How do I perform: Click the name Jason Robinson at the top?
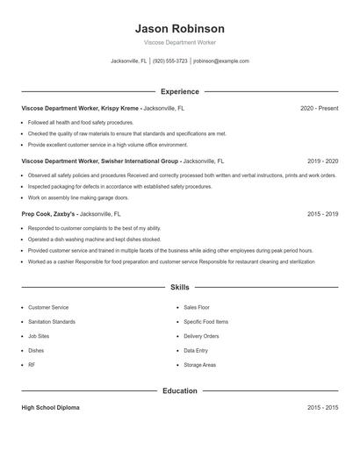pos(179,29)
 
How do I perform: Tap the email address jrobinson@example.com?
pos(220,61)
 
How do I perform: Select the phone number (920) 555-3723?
pos(170,61)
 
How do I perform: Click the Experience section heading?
pos(179,91)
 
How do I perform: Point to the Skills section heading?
pos(179,287)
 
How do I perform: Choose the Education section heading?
pos(179,390)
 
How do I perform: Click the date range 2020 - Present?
pos(319,108)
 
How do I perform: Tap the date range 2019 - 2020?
pos(322,161)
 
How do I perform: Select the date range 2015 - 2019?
pos(322,213)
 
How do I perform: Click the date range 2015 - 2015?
pos(322,408)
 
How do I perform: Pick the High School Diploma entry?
pos(51,408)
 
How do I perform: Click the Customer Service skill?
pos(48,307)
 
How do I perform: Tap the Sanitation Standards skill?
pos(52,322)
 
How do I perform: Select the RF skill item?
pos(32,364)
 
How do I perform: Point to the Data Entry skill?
pos(196,350)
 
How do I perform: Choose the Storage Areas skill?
pos(200,364)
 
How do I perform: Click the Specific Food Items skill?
pos(205,322)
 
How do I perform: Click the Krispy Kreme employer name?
pos(119,108)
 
